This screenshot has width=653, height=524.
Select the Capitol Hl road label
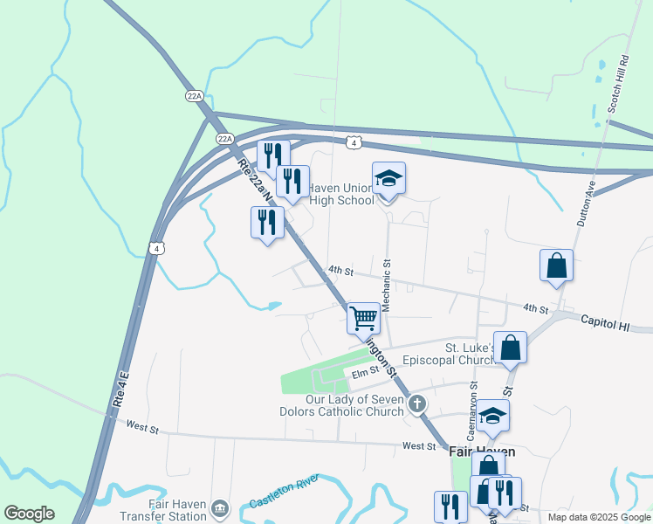tap(605, 323)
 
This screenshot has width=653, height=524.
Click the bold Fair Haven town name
tap(482, 452)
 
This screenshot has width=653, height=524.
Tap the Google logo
tap(29, 514)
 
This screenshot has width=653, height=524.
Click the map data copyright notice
tap(598, 517)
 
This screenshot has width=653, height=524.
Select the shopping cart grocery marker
tap(363, 317)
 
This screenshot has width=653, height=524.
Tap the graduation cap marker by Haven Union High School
tap(388, 179)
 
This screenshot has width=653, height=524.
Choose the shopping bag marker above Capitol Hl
tap(556, 265)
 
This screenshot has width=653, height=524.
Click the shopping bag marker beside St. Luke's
tap(511, 347)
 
